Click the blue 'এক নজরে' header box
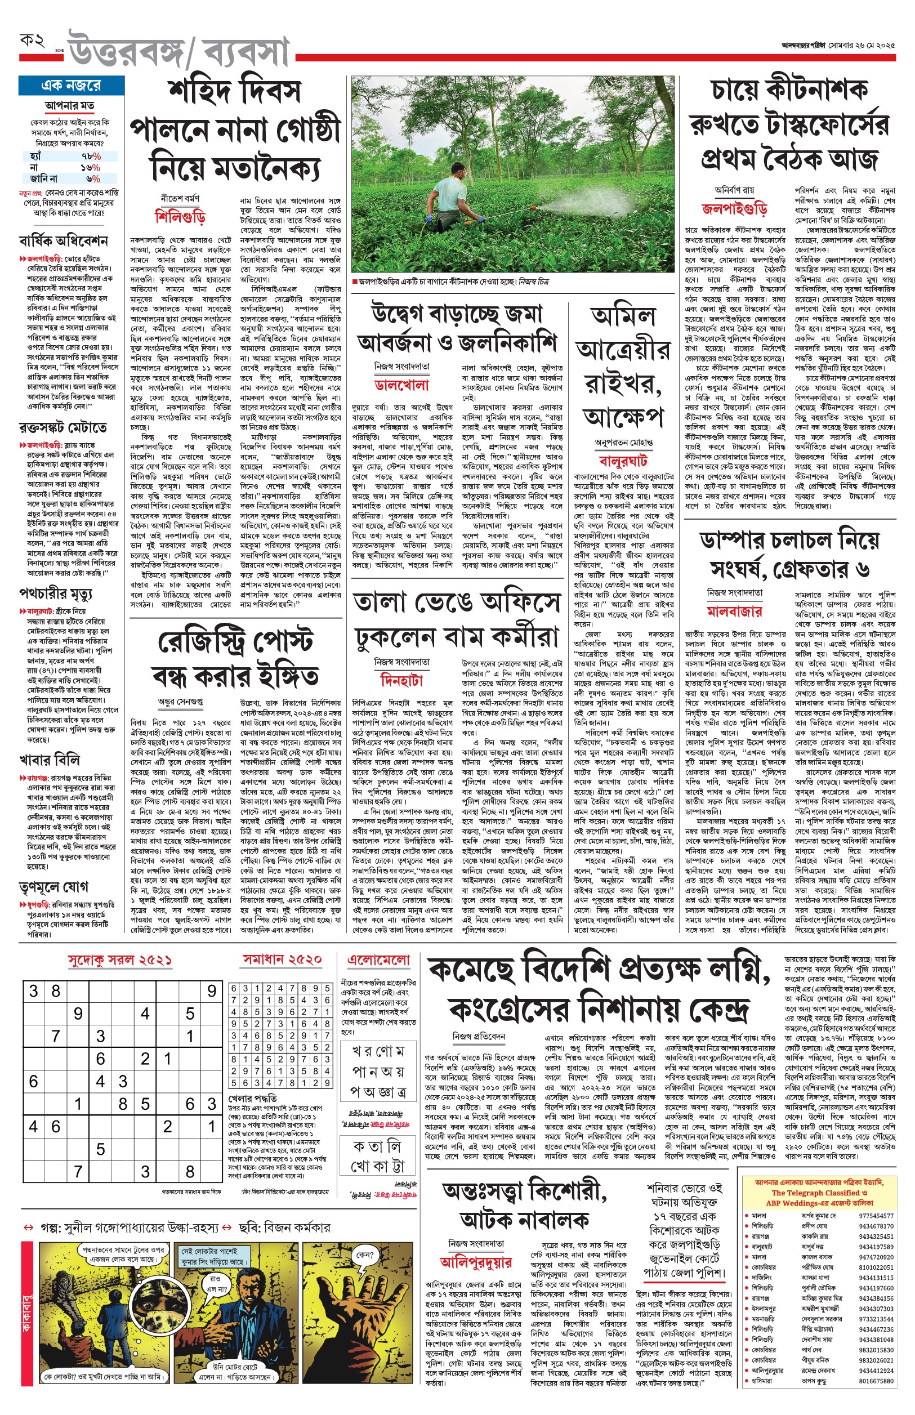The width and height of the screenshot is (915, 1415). pos(72,86)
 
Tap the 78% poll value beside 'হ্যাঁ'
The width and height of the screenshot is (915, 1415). pos(91,156)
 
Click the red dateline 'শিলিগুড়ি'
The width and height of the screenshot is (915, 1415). pos(180,216)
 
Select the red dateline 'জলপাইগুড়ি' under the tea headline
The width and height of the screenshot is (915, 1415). pos(734,208)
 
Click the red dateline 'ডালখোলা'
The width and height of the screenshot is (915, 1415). pos(402,385)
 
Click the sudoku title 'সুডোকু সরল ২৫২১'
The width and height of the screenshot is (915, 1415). pos(119,960)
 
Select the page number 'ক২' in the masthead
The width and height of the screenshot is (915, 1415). pos(33,42)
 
